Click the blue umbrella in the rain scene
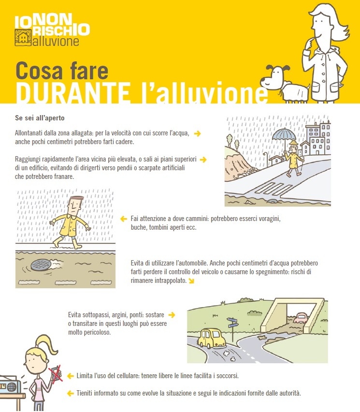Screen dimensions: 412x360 (284, 134)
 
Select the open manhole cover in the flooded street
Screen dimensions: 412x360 (42, 265)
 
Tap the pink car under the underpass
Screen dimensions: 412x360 (302, 318)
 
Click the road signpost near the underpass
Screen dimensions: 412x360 (233, 324)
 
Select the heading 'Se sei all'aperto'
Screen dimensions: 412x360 (40, 118)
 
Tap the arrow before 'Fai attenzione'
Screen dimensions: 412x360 (123, 219)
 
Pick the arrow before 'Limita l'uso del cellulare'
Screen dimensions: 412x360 (70, 376)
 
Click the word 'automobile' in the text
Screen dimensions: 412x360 (195, 263)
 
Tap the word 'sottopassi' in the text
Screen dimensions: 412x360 (99, 314)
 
